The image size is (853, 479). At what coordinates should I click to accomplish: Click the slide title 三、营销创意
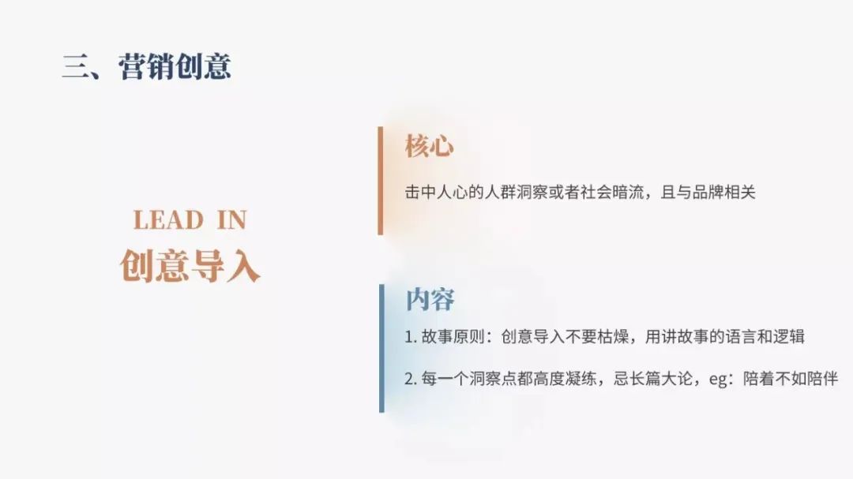(147, 67)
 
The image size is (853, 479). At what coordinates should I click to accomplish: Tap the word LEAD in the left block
(168, 220)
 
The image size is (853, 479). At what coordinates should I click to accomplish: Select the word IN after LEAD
(231, 220)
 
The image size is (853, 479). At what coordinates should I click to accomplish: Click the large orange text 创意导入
(190, 266)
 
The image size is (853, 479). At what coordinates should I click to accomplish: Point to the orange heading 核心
(429, 146)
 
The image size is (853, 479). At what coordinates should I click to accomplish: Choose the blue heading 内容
(430, 300)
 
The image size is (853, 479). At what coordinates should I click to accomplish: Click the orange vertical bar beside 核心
(380, 181)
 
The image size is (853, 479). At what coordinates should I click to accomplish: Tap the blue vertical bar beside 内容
(382, 348)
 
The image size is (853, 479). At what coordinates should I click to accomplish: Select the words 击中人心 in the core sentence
(436, 193)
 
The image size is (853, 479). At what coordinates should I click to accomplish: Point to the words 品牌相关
(724, 193)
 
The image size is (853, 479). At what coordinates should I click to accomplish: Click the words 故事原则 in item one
(453, 337)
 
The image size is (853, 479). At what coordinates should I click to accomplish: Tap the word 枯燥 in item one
(613, 337)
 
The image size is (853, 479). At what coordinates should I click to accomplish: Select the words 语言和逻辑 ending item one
(765, 337)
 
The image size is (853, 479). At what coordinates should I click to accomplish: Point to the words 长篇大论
(661, 379)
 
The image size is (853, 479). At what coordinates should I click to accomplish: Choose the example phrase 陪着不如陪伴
(791, 379)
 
